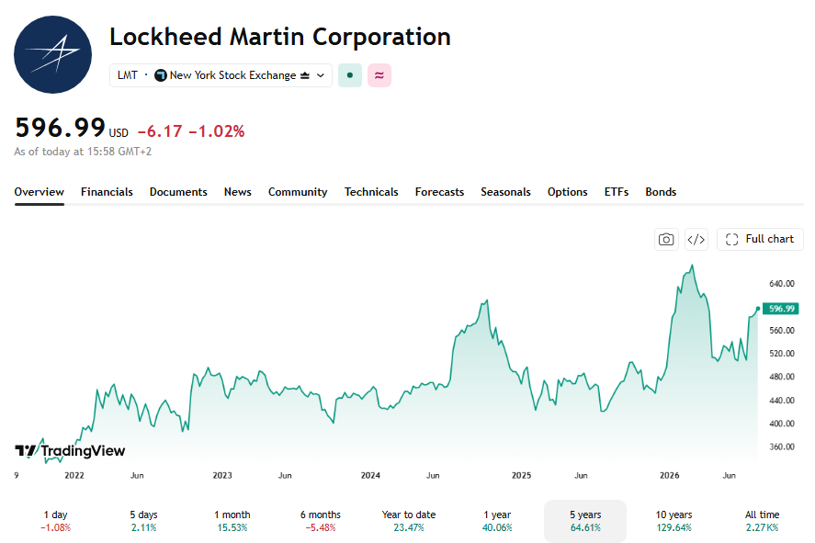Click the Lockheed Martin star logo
tap(52, 54)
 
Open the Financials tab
tap(107, 192)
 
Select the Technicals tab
tap(371, 192)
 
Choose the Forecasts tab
tap(439, 192)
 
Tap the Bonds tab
tap(661, 192)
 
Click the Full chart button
tap(760, 239)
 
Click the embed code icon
tap(696, 240)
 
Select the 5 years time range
tap(585, 521)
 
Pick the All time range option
tap(762, 521)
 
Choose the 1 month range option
tap(232, 521)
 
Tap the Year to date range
tap(409, 521)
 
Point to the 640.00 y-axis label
tap(782, 284)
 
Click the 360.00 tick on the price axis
tap(782, 447)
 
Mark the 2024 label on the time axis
tap(370, 475)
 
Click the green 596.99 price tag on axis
tap(781, 309)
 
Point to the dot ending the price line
tap(758, 309)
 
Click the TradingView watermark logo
tap(70, 450)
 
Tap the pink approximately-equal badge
tap(379, 75)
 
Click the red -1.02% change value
tap(216, 131)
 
